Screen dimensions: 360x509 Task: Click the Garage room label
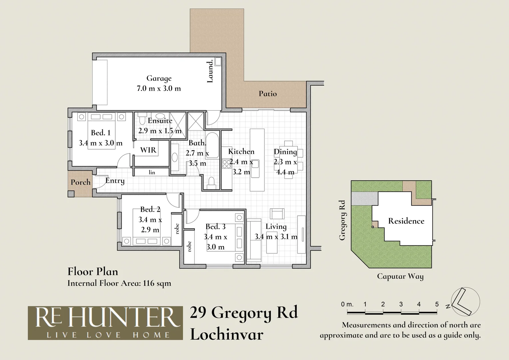click(159, 78)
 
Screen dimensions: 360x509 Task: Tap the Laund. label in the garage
click(210, 71)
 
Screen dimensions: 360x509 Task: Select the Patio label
click(268, 94)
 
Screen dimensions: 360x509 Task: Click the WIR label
click(148, 150)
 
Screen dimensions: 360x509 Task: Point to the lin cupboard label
click(152, 172)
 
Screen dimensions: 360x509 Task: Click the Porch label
click(80, 182)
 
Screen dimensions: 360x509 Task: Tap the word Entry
click(115, 181)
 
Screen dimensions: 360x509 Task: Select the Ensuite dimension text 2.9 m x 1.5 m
click(160, 131)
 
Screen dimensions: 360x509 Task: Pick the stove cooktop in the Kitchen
click(227, 164)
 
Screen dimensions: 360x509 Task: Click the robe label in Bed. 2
click(177, 228)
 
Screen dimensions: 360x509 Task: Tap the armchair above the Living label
click(277, 213)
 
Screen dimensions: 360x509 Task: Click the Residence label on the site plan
click(406, 221)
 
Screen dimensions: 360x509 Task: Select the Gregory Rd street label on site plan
click(342, 220)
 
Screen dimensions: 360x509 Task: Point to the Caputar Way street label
click(400, 276)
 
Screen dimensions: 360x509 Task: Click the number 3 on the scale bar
click(401, 304)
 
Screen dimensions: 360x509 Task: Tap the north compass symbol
click(465, 301)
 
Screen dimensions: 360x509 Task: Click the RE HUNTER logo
click(105, 323)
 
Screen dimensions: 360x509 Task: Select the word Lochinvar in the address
click(227, 334)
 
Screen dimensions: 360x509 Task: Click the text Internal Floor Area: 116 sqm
click(119, 283)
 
